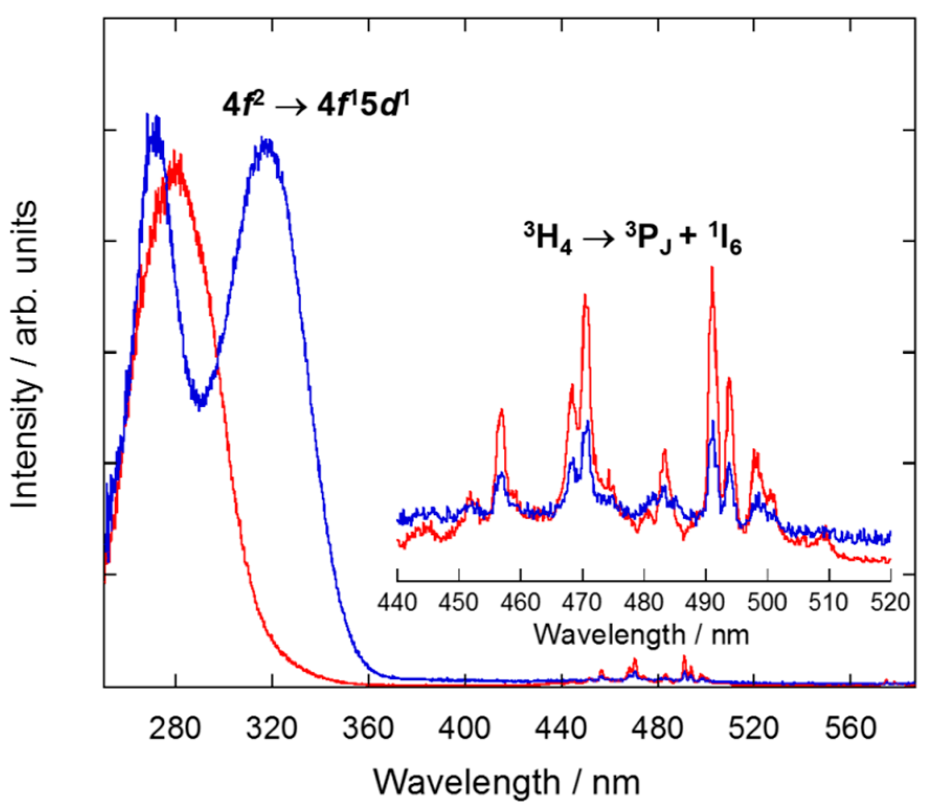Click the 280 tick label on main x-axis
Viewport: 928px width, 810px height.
tap(175, 728)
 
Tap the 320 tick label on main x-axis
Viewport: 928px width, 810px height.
tap(271, 728)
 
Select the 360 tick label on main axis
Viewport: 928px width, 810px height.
tap(368, 728)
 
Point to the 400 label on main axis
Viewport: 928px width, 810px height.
tap(465, 728)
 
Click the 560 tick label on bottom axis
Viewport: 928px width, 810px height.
tap(851, 728)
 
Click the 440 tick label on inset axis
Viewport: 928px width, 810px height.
tap(398, 603)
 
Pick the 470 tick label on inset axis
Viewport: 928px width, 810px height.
tap(582, 603)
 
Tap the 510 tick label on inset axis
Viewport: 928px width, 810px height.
tap(829, 603)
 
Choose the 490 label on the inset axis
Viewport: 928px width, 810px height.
tap(706, 603)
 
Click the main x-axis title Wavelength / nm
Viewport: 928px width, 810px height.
tap(506, 783)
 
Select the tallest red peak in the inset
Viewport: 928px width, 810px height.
tap(712, 268)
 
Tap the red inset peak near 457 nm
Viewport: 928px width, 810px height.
tap(502, 410)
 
